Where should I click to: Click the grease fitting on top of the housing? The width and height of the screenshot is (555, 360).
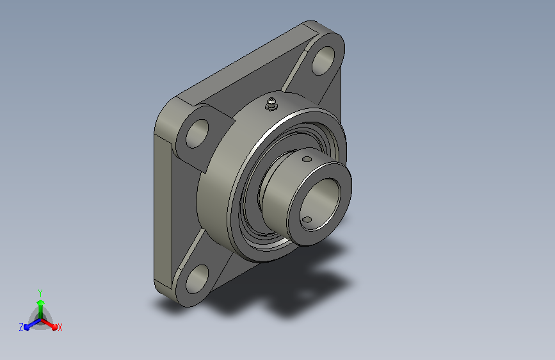point(271,104)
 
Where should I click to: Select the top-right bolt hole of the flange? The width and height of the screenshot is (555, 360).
point(323,60)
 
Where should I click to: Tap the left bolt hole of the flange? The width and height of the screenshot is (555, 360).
point(197,134)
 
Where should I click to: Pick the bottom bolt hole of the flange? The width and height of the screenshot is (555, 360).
point(197,279)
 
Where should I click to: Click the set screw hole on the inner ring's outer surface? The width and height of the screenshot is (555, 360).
point(307,160)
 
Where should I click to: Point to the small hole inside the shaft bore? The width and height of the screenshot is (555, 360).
point(307,220)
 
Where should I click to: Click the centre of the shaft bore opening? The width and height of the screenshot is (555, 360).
point(319,204)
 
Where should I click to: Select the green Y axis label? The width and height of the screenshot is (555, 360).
point(40,293)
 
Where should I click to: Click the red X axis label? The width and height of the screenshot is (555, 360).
point(60,328)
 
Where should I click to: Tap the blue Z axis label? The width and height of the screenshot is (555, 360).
point(21,327)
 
